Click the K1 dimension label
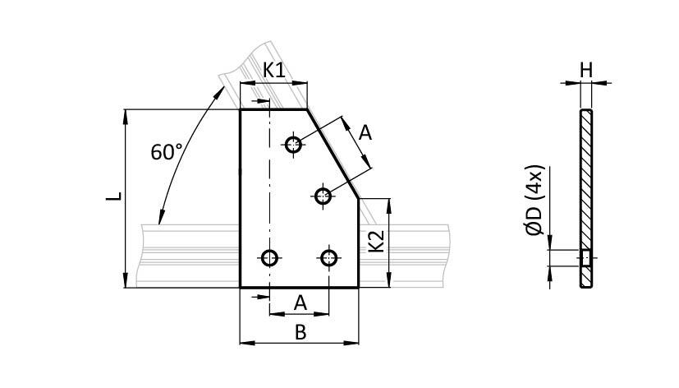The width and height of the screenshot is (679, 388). pos(273,71)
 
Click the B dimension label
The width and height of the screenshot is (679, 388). pos(300,331)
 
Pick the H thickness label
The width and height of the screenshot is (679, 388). pos(585,71)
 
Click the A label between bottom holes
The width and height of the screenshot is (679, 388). pos(300,303)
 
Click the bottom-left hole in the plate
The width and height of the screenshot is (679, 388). pos(268,258)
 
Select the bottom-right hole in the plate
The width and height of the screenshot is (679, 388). pos(329,258)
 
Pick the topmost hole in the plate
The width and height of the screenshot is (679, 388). pos(294,145)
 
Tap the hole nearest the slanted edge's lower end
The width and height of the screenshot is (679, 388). pos(323,196)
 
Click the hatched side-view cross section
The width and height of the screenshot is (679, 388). pos(585,181)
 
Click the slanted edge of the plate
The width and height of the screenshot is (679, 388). pos(333,153)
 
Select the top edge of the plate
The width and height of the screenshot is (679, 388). pos(273,109)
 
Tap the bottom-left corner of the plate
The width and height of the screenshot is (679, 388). pos(240,288)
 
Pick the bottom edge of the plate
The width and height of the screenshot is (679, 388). pos(299,288)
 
